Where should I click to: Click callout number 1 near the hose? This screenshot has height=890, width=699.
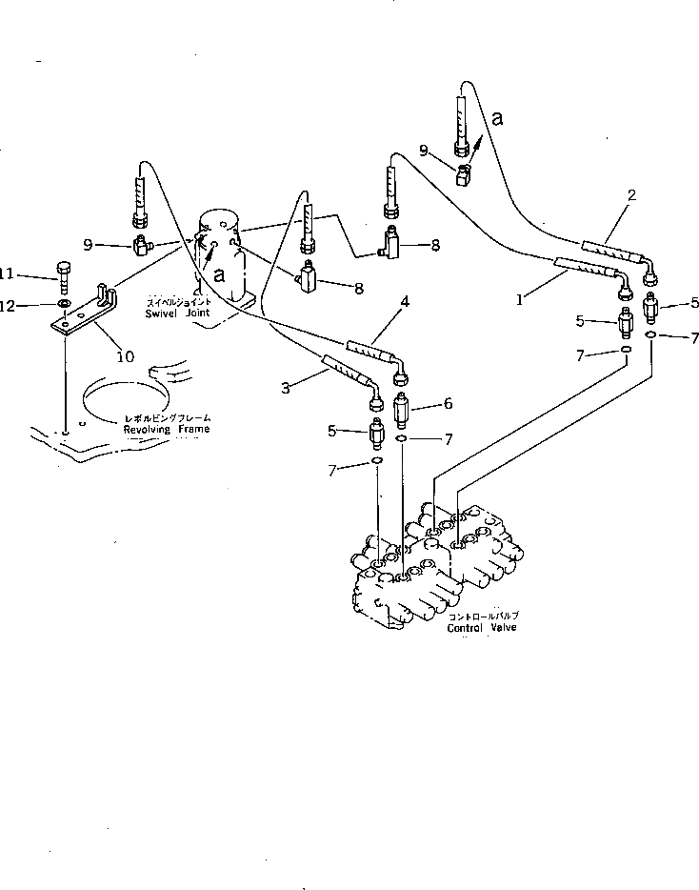pos(521,299)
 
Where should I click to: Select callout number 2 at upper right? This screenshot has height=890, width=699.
pos(630,196)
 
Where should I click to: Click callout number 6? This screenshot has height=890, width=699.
pos(447,404)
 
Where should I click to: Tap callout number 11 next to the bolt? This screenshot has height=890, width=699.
pos(6,274)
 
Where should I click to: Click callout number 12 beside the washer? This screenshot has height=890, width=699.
pos(6,305)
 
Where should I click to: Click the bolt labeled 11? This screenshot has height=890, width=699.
pos(63,277)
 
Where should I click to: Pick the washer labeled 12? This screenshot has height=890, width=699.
pos(62,305)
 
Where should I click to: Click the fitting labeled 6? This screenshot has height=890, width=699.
pos(401,414)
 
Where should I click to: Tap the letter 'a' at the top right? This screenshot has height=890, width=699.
pos(497,119)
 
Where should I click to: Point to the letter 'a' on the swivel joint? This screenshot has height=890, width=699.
pos(219,274)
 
